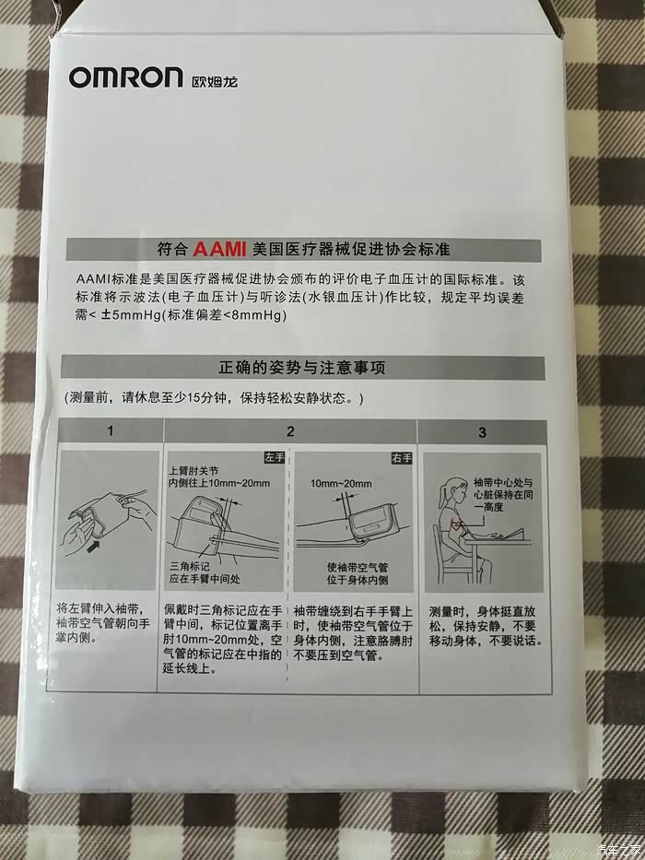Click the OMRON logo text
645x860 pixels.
pyautogui.click(x=125, y=77)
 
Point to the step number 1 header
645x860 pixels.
pyautogui.click(x=110, y=430)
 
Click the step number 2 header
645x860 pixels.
pyautogui.click(x=290, y=430)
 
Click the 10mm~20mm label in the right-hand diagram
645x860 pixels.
pyautogui.click(x=341, y=483)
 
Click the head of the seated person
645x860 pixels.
pyautogui.click(x=450, y=489)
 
